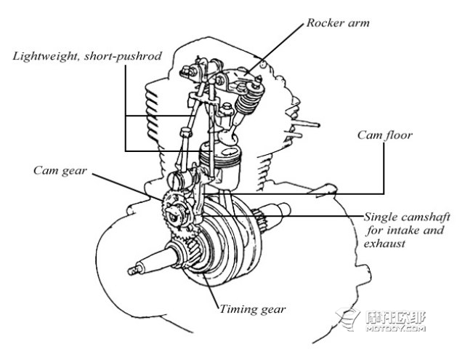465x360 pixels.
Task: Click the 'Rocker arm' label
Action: pos(338,23)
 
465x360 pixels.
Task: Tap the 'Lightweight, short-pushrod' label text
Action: pos(87,56)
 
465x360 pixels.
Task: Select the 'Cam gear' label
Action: pos(60,171)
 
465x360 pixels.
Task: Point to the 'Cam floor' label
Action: pos(384,135)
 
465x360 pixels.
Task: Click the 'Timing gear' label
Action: pos(252,309)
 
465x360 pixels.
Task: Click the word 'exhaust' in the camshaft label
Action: pos(384,244)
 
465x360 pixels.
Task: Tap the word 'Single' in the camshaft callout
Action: pos(381,217)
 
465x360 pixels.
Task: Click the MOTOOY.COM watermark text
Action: pos(395,329)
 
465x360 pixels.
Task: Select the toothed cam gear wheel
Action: pos(176,215)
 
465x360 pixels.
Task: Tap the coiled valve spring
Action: pos(249,99)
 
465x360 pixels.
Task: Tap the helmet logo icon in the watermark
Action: pos(348,319)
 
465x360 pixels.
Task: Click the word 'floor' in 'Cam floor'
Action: pos(398,135)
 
